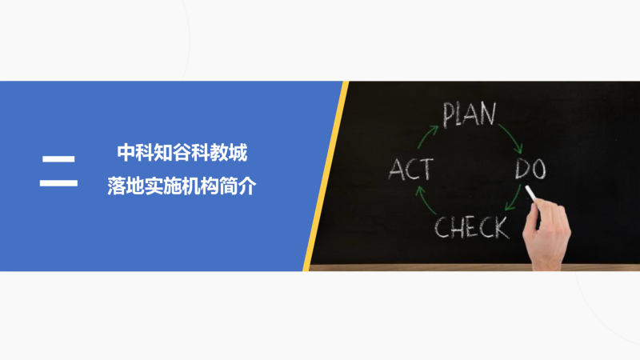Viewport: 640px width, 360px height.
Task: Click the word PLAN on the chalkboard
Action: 470,114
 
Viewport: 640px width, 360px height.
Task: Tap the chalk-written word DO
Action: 530,168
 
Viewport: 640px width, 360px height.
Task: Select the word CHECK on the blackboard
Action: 472,227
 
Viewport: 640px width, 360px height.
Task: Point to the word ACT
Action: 410,169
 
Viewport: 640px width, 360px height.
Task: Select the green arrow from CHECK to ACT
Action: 425,201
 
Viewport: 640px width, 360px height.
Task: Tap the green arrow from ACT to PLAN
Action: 426,136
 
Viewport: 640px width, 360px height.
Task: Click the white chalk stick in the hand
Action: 530,194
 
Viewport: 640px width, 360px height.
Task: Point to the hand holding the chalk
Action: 547,233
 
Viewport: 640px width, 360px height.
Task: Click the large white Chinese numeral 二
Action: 58,170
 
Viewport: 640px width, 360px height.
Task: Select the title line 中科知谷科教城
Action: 182,153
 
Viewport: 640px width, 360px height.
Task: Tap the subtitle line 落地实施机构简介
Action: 182,186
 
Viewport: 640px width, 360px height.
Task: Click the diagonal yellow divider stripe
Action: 326,176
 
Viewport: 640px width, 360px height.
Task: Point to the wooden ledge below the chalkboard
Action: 474,267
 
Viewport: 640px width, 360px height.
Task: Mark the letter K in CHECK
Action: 502,228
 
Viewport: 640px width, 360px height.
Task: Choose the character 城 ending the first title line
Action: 238,153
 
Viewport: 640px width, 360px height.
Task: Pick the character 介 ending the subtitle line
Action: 247,186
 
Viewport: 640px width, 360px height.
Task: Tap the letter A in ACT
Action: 396,170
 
